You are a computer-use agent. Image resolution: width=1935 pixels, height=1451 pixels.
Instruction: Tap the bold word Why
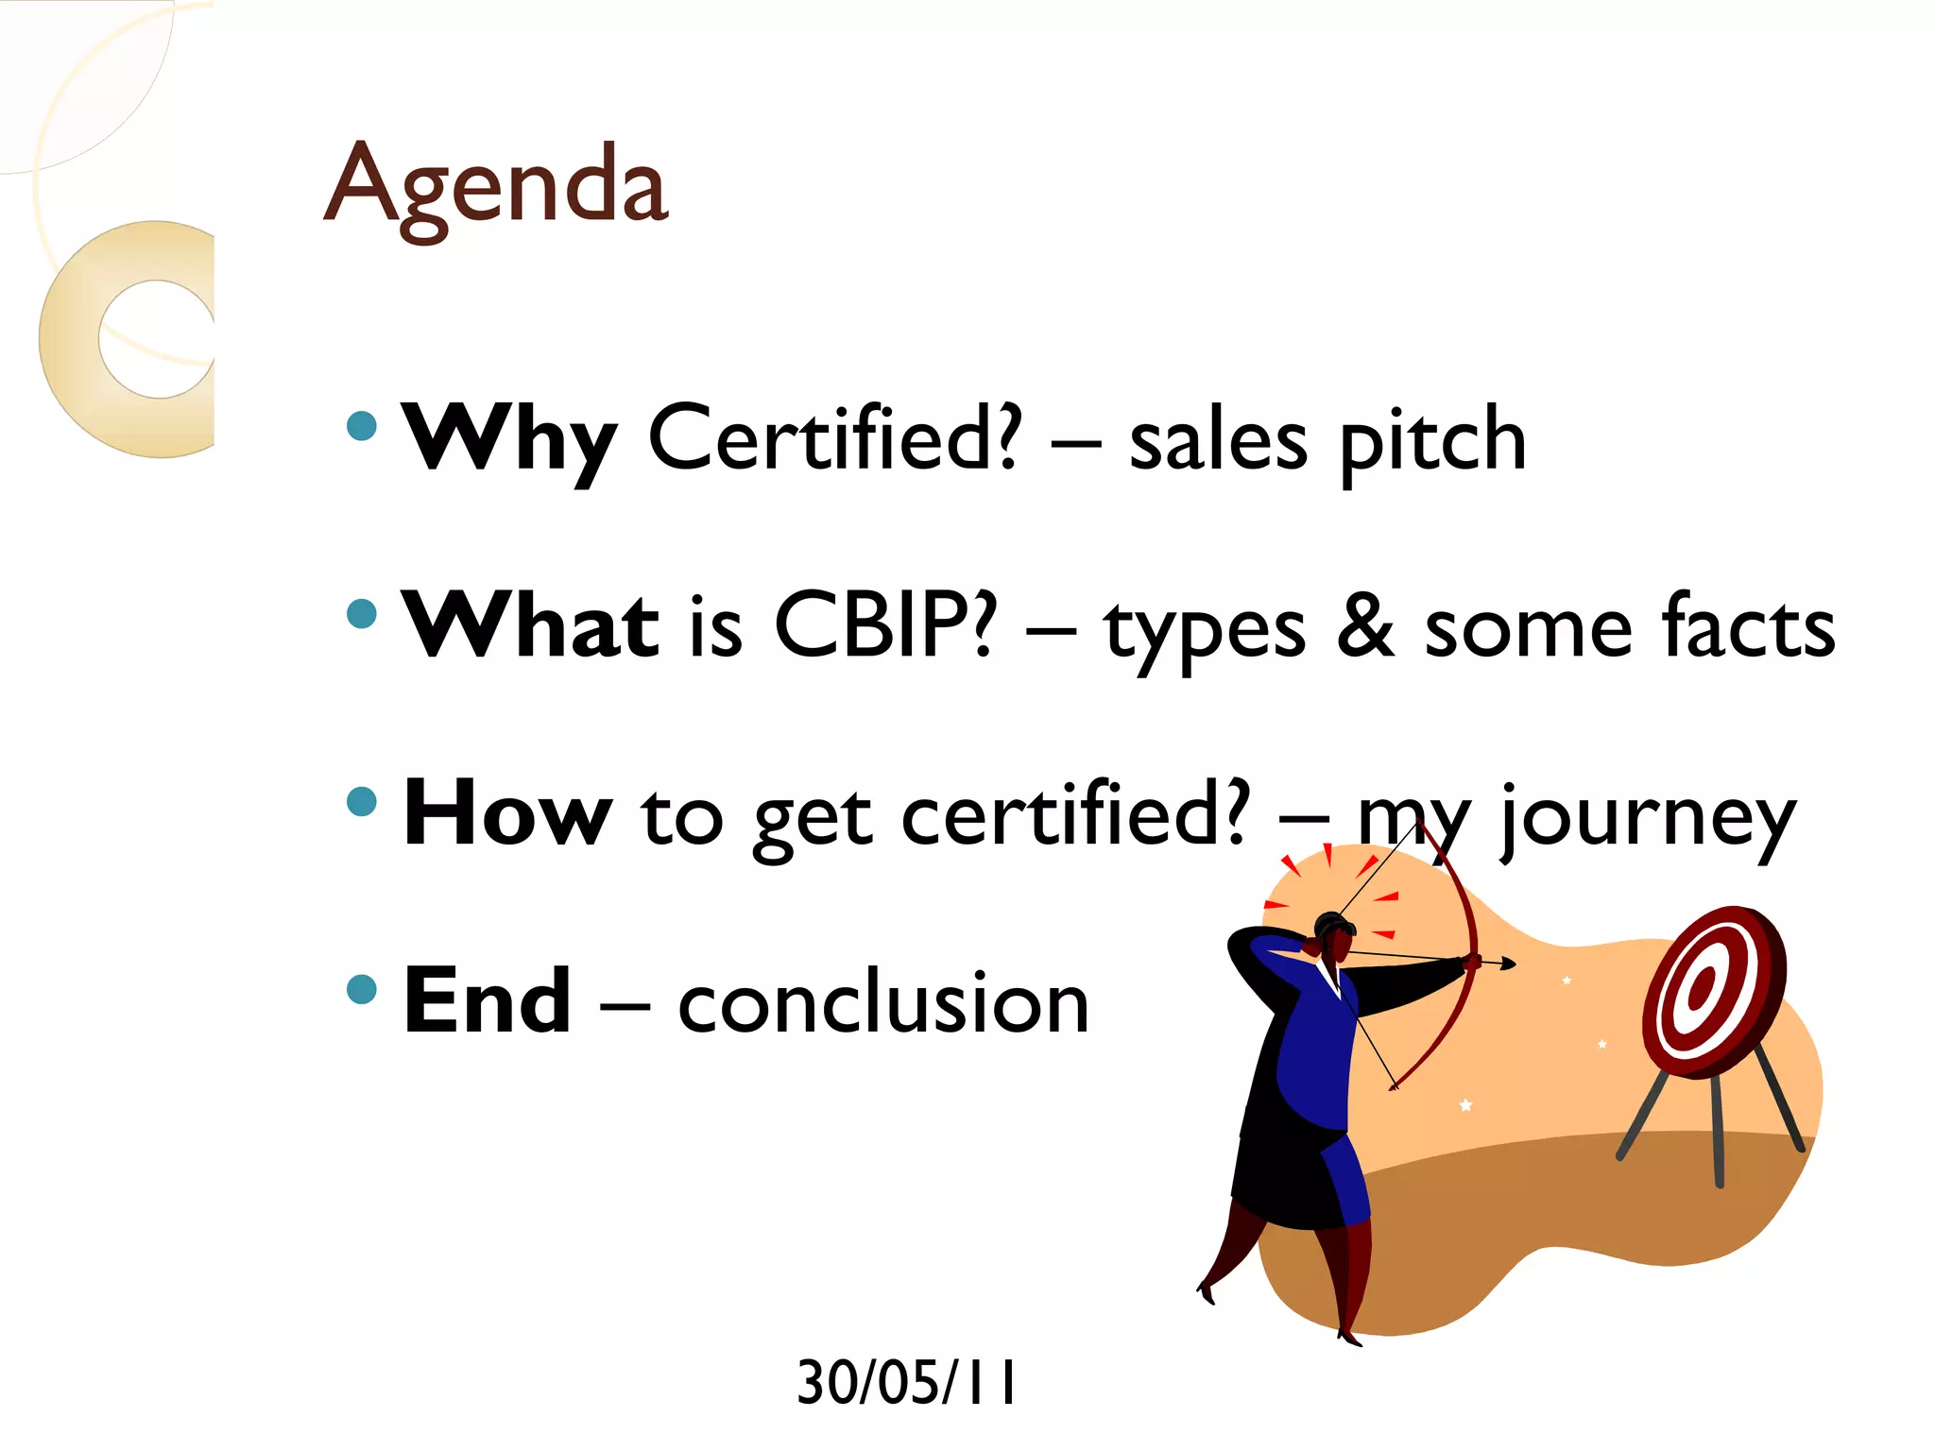[x=509, y=439]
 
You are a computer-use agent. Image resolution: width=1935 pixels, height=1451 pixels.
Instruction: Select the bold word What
[x=530, y=624]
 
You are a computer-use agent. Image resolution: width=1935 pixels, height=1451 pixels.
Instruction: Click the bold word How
[x=507, y=813]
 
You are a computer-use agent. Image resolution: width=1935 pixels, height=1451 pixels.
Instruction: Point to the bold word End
[x=487, y=1001]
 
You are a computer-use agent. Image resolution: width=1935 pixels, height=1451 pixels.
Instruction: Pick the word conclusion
[x=883, y=1003]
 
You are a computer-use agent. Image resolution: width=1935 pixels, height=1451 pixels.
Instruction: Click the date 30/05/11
[x=906, y=1382]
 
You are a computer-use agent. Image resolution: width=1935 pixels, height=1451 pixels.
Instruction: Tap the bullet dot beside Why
[x=362, y=425]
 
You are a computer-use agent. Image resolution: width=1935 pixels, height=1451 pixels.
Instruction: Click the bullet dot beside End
[x=362, y=989]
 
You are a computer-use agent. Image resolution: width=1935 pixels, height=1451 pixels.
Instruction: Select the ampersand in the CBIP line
[x=1365, y=624]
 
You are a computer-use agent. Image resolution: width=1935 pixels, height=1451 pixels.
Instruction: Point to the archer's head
[x=1334, y=935]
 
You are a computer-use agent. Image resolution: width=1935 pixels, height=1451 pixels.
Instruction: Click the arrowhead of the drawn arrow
[x=1509, y=964]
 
